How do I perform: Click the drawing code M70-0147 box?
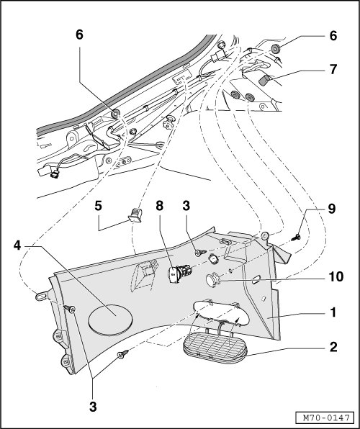click(x=327, y=417)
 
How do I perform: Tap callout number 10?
click(x=336, y=276)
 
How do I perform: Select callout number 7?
click(x=333, y=69)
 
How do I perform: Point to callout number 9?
click(x=331, y=209)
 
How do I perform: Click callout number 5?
click(x=99, y=206)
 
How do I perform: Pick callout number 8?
click(x=160, y=206)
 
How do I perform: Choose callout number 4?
click(x=17, y=245)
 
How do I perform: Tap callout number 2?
click(x=333, y=347)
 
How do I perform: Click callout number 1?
click(x=333, y=312)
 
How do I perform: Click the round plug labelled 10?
click(x=212, y=281)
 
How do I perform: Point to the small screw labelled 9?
click(x=296, y=237)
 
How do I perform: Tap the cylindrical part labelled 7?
click(x=264, y=81)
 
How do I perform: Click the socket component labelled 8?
click(x=179, y=274)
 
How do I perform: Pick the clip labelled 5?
click(x=135, y=215)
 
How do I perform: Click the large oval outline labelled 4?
click(x=110, y=320)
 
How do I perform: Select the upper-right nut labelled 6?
click(x=275, y=49)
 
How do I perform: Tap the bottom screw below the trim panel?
click(x=123, y=354)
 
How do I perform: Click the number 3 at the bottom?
click(x=93, y=407)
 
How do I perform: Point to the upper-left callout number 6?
click(x=79, y=35)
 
